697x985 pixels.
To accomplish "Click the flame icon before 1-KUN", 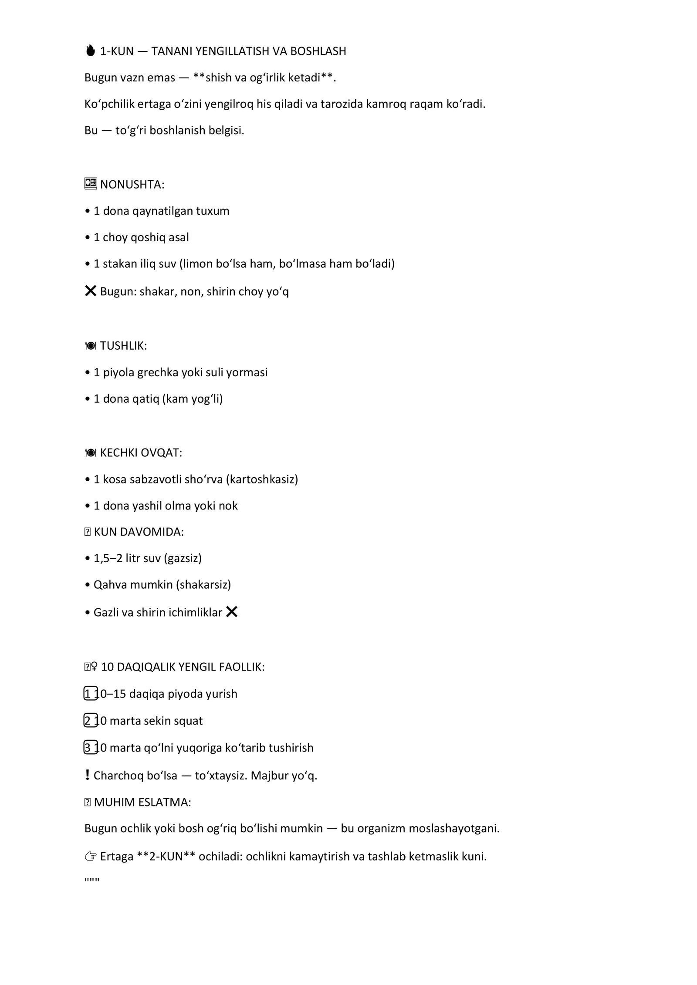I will point(90,51).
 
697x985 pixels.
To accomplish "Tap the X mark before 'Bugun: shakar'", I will point(91,291).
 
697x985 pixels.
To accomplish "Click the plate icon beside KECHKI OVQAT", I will point(91,453).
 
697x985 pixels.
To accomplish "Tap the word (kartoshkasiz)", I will point(262,479).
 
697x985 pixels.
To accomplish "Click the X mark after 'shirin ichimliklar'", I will point(232,612).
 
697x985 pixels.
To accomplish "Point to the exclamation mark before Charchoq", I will point(88,775).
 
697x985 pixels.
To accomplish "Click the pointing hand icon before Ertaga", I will point(91,857).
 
